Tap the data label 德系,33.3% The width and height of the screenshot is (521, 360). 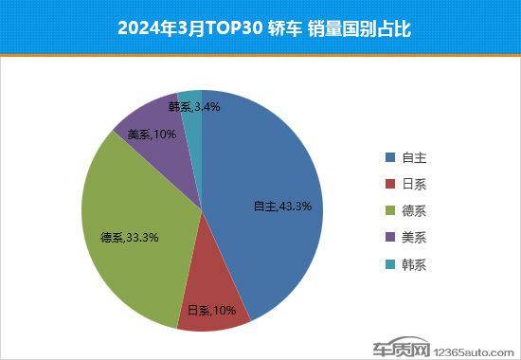pyautogui.click(x=129, y=238)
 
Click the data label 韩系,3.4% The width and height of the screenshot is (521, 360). pyautogui.click(x=194, y=107)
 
